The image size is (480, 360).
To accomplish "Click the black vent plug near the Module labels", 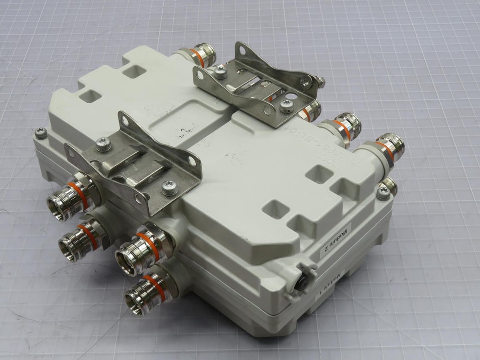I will pos(302,283).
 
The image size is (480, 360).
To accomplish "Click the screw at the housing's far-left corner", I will pos(41,132).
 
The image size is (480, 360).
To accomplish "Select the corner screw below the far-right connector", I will pos(383,193).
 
